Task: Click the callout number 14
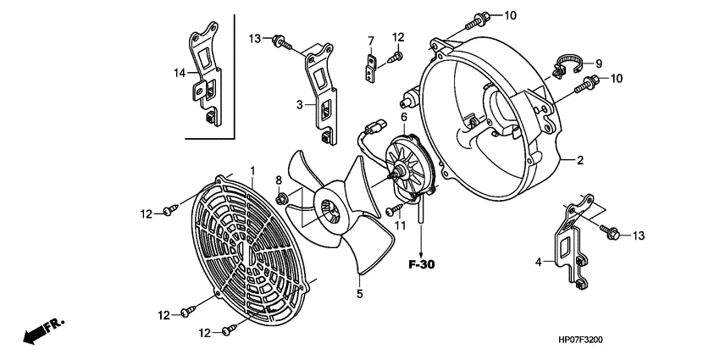click(x=180, y=74)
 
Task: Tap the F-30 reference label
click(x=421, y=264)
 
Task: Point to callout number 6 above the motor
click(x=404, y=117)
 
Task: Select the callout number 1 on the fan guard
click(x=252, y=172)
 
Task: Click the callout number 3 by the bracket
click(x=299, y=104)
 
